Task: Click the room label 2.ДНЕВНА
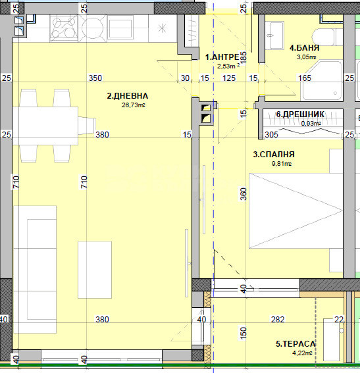click(128, 96)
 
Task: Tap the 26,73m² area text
click(134, 105)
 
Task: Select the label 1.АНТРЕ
click(222, 57)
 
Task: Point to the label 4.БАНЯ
click(304, 48)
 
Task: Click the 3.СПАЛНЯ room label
click(274, 155)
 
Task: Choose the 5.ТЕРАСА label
click(296, 344)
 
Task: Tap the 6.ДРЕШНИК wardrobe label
click(300, 114)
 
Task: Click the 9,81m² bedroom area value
click(282, 164)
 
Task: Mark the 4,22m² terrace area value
click(302, 353)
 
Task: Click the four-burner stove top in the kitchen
click(64, 28)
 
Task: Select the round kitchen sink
click(93, 28)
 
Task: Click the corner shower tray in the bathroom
click(322, 81)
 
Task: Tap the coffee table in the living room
click(95, 270)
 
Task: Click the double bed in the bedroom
click(296, 211)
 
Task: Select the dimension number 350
click(95, 78)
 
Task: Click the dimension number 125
click(229, 78)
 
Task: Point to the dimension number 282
click(278, 319)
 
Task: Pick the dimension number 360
click(244, 194)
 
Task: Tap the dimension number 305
click(272, 135)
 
